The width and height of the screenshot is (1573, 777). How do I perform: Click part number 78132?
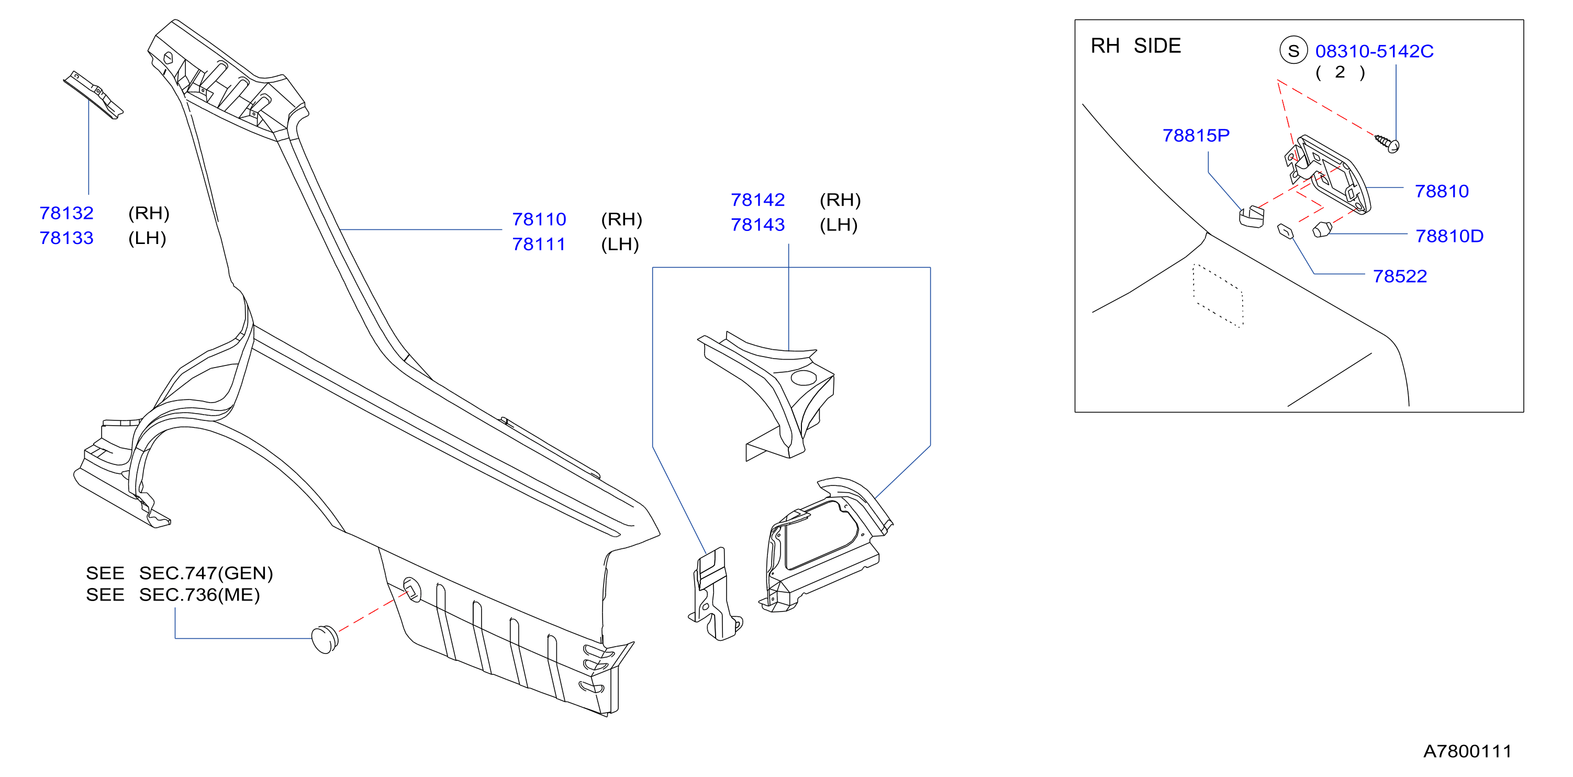coord(66,213)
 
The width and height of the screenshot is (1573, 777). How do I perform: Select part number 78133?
coord(66,238)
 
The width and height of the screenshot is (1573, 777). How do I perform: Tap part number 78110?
coord(539,219)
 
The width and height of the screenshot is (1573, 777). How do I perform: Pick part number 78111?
coord(539,244)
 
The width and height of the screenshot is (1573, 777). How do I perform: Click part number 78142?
coord(758,200)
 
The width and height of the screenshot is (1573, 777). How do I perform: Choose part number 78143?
coord(758,225)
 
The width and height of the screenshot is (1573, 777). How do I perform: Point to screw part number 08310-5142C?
coord(1374,51)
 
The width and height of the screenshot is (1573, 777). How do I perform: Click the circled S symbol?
coord(1293,51)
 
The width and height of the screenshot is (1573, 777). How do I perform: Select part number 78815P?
coord(1196,136)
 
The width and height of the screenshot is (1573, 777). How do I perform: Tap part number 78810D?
coord(1449,236)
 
